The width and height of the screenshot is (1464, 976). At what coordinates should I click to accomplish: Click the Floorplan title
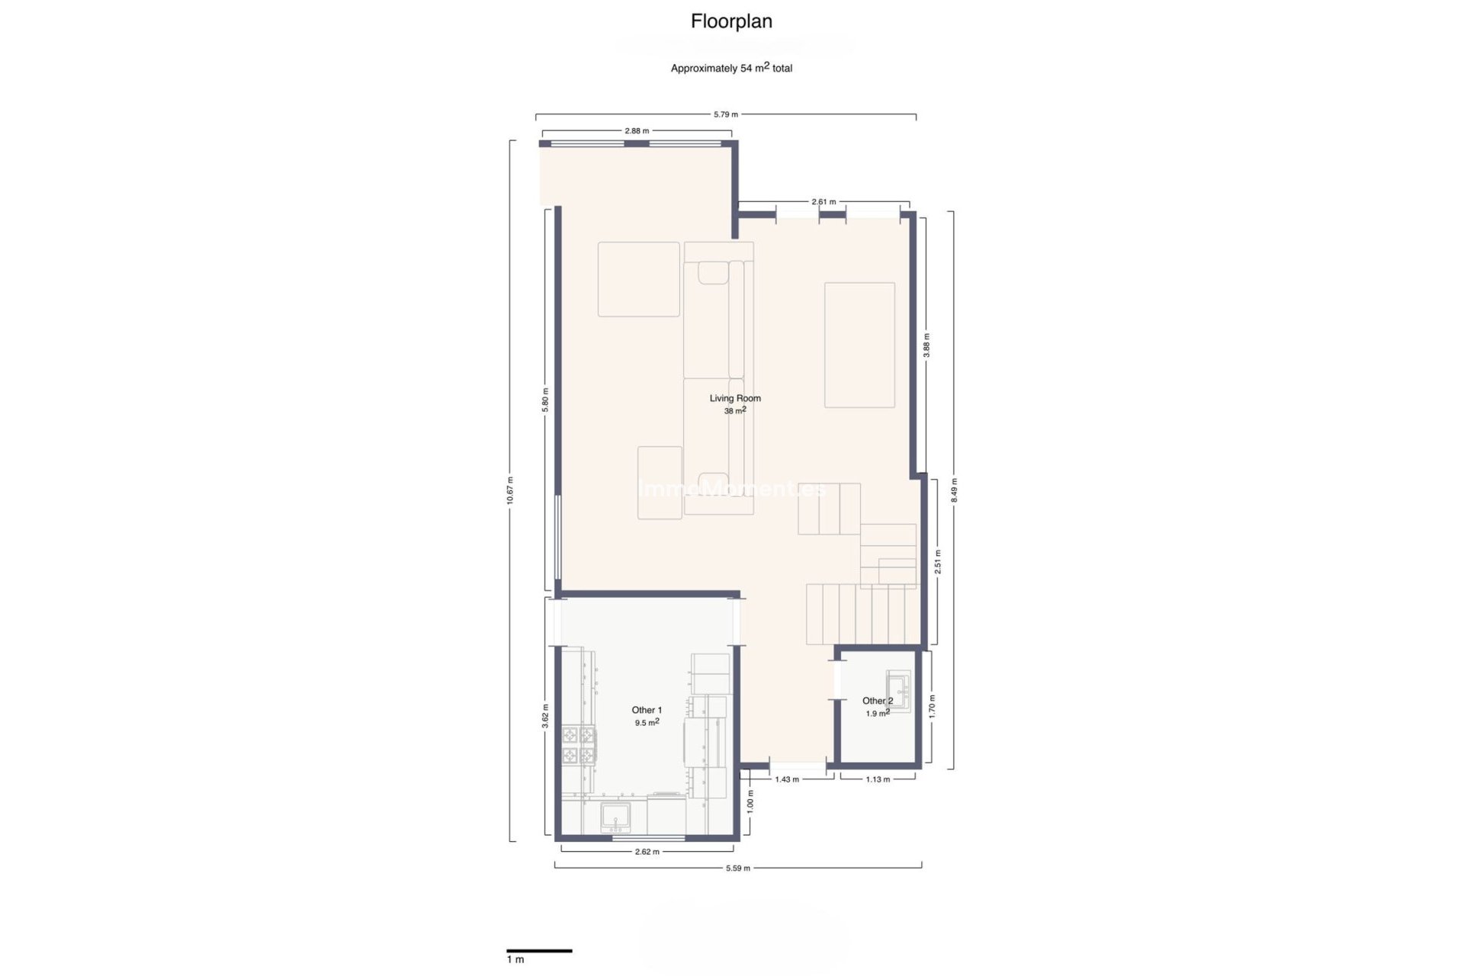pos(731,21)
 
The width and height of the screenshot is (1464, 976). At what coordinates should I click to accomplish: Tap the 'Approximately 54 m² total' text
pos(731,68)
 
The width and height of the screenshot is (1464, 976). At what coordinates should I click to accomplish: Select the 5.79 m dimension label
pos(725,114)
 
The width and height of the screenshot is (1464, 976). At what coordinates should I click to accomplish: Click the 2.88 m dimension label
pos(637,130)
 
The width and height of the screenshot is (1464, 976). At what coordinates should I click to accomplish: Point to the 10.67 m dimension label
pos(510,490)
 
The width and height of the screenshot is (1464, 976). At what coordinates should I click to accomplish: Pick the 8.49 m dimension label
pos(954,490)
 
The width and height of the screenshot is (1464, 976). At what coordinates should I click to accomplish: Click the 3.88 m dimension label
pos(926,345)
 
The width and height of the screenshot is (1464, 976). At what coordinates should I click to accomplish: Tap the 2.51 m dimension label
pos(938,562)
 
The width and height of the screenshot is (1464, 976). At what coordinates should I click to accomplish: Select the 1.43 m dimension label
pos(787,779)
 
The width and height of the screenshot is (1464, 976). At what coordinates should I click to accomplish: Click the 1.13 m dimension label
pos(878,779)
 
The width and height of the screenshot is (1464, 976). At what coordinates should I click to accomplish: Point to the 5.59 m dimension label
pos(737,868)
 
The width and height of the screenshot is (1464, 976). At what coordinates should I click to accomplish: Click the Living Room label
pos(735,398)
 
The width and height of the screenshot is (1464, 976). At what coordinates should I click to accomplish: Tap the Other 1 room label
pos(647,710)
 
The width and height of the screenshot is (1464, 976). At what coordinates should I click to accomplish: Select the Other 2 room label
pos(877,701)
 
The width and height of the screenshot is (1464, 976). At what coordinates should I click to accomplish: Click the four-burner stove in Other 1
pos(579,746)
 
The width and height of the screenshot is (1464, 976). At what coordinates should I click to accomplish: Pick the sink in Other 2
pos(898,690)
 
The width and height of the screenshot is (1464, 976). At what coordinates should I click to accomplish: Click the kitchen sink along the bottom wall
pos(615,817)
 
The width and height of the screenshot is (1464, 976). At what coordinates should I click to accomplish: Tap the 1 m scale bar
pos(539,951)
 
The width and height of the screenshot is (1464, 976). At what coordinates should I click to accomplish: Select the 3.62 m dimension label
pos(545,716)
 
